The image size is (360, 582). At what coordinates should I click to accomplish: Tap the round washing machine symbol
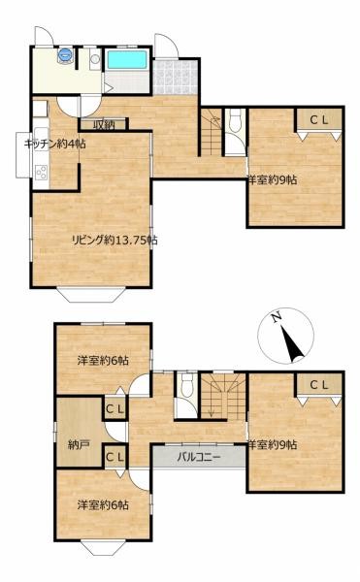[65, 54]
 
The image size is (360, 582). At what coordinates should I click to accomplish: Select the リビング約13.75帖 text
[114, 240]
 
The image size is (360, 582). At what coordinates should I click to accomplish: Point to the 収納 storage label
[104, 124]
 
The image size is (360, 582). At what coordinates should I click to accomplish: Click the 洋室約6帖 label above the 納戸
[103, 361]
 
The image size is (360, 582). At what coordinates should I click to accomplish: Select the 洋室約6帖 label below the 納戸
[103, 504]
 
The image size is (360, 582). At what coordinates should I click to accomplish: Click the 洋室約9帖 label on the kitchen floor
[273, 179]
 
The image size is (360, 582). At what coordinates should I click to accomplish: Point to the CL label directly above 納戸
[115, 409]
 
